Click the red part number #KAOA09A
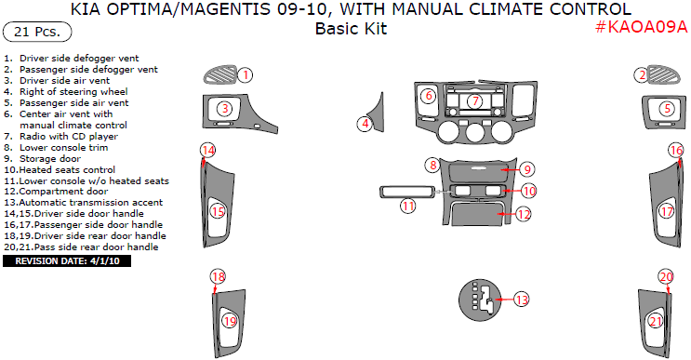[x=641, y=27]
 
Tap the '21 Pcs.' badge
[x=37, y=32]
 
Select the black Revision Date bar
[x=67, y=260]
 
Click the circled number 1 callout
[x=246, y=75]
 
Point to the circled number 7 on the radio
[x=475, y=101]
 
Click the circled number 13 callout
[x=522, y=300]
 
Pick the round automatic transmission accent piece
[x=480, y=300]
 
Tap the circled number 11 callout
[x=408, y=206]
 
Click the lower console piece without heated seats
[x=407, y=193]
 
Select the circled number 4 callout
[x=365, y=124]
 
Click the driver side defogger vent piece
[x=220, y=75]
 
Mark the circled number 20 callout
[x=666, y=276]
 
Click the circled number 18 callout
[x=218, y=276]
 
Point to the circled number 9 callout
[x=526, y=169]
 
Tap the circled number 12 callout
[x=523, y=215]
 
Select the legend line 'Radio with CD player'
[x=60, y=137]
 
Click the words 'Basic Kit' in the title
[x=351, y=29]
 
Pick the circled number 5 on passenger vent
[x=667, y=109]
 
